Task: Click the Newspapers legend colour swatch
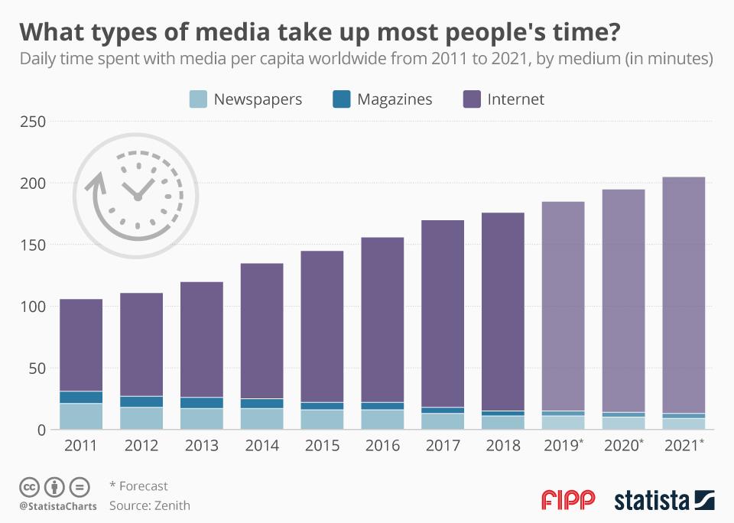pos(198,99)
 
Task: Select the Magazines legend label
pos(395,99)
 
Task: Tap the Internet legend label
pos(516,99)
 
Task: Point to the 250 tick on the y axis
pos(33,122)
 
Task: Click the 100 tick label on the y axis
pos(33,307)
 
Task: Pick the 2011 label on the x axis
pos(81,444)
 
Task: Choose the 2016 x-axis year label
pos(382,444)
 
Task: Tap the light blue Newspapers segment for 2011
pos(81,416)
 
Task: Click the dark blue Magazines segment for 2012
pos(141,401)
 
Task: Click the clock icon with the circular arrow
pos(138,191)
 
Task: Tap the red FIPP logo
pos(567,501)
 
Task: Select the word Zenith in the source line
pos(172,505)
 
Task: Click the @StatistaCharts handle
pos(57,506)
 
